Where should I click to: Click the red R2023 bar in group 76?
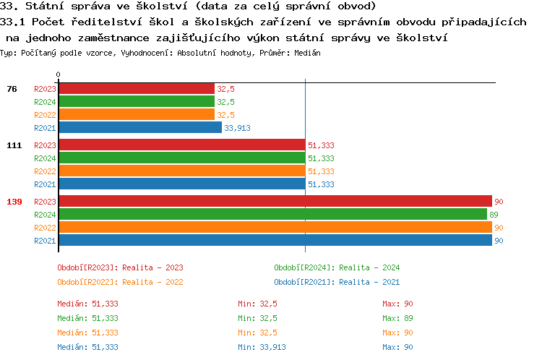[x=136, y=88]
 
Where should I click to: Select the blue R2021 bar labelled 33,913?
[x=139, y=127]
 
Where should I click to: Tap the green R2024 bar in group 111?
[x=181, y=158]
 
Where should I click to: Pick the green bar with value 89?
[x=272, y=214]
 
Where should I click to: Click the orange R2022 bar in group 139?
[x=275, y=227]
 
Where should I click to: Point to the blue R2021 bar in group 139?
[x=275, y=240]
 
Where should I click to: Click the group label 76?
[x=12, y=89]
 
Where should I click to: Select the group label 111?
[x=14, y=145]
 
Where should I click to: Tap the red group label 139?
[x=14, y=202]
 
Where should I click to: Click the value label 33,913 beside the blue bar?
[x=238, y=128]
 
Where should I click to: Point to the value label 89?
[x=494, y=215]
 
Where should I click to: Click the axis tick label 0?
[x=58, y=74]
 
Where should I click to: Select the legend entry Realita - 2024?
[x=337, y=267]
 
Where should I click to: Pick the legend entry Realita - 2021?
[x=337, y=282]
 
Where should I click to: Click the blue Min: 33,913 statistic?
[x=262, y=347]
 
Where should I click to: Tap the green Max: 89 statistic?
[x=397, y=318]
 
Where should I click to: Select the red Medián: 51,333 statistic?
[x=87, y=304]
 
